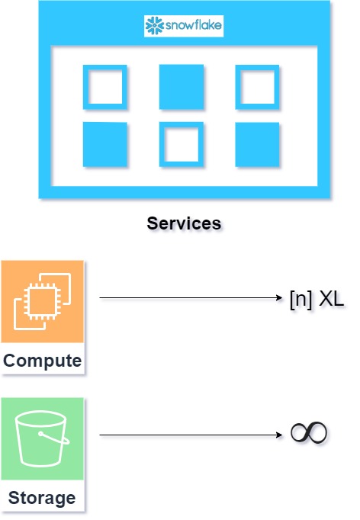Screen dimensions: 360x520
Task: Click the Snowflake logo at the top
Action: [184, 26]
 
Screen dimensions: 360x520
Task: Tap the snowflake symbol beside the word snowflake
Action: [154, 26]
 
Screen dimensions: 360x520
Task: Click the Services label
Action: [184, 223]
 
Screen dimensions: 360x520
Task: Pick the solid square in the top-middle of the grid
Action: [182, 87]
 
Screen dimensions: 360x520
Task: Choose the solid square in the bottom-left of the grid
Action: [104, 144]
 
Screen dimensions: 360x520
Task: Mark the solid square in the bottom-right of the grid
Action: [257, 144]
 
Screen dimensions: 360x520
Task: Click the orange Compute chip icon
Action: [43, 301]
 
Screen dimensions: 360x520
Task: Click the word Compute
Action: [43, 361]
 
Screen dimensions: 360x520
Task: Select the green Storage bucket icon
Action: [43, 438]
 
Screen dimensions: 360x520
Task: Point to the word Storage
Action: [42, 498]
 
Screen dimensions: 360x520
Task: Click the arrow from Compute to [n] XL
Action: [191, 298]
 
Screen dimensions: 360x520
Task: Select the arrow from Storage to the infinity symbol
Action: [191, 435]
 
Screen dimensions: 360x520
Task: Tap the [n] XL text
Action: [317, 300]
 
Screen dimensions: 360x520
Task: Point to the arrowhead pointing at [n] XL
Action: [279, 298]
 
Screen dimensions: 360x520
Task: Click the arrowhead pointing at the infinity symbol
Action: [279, 435]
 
